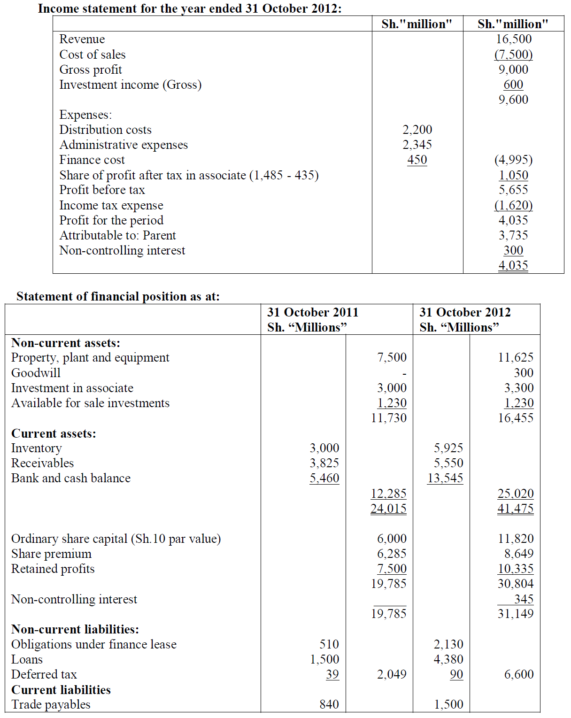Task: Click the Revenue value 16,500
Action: pos(514,39)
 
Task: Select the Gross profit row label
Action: pos(91,69)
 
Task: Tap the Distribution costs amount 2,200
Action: pos(417,130)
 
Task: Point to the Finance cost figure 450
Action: pos(417,160)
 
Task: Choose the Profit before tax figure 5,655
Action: pos(513,190)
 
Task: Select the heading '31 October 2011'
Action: pos(313,312)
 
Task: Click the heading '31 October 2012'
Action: pos(465,312)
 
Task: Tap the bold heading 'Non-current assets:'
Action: pos(66,343)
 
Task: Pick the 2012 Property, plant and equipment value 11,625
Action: pos(516,357)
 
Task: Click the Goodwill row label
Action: pos(36,373)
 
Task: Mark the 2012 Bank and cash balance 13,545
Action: pos(445,478)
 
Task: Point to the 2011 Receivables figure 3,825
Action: pos(324,463)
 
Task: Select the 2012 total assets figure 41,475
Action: pos(516,509)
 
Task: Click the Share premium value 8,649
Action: pos(519,554)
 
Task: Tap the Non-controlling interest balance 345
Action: pos(524,599)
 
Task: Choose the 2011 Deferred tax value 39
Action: pos(332,674)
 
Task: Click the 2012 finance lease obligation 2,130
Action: pos(448,644)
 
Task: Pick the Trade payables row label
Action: pos(51,704)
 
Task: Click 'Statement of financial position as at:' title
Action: pos(118,296)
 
